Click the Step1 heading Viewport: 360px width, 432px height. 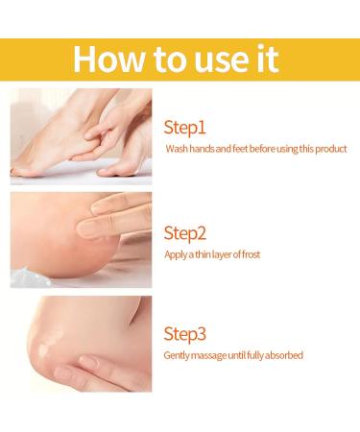click(185, 127)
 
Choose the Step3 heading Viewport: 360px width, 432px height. click(186, 334)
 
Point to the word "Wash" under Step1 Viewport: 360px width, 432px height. click(178, 149)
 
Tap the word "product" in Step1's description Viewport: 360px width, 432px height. click(329, 149)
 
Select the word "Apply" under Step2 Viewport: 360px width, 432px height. click(178, 254)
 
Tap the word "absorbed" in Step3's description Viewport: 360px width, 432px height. click(284, 356)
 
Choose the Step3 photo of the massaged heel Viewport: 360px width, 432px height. click(81, 343)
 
